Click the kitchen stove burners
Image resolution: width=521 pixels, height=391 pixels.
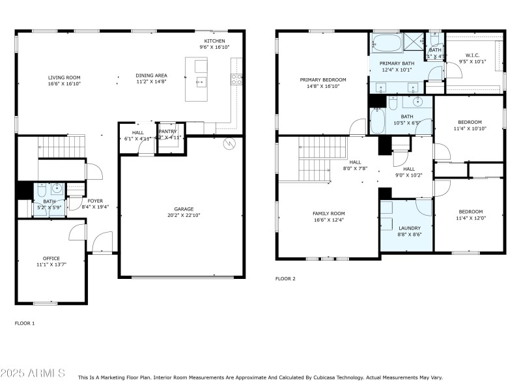238,79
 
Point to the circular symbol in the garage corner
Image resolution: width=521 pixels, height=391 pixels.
228,144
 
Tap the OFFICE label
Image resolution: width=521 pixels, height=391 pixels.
51,258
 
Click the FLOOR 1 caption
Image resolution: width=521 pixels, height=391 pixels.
25,323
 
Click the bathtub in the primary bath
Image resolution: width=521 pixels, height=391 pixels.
386,44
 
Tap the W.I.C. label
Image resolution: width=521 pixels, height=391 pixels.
473,55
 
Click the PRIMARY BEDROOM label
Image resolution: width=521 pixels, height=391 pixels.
322,80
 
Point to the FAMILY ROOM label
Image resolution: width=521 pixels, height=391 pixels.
328,213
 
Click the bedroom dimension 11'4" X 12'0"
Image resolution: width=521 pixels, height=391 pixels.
470,218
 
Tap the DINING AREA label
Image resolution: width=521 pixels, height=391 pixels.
151,76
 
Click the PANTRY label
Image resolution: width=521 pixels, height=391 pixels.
167,131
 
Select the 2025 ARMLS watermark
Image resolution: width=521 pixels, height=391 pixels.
33,373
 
